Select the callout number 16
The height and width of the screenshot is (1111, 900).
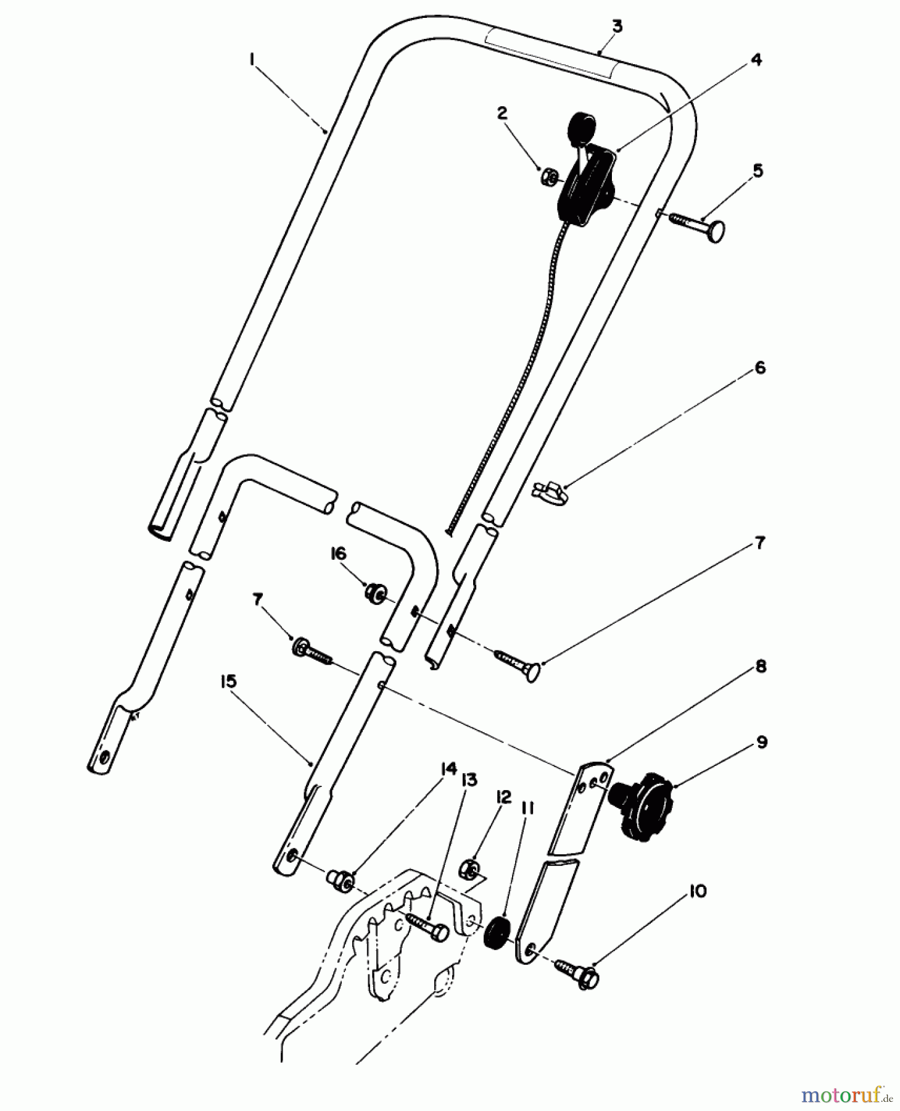pos(339,554)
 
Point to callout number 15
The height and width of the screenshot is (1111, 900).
pos(228,681)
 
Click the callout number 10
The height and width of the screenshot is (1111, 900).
pos(698,891)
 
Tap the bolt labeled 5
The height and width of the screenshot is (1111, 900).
pos(697,227)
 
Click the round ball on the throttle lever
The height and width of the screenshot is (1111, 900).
pos(582,128)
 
